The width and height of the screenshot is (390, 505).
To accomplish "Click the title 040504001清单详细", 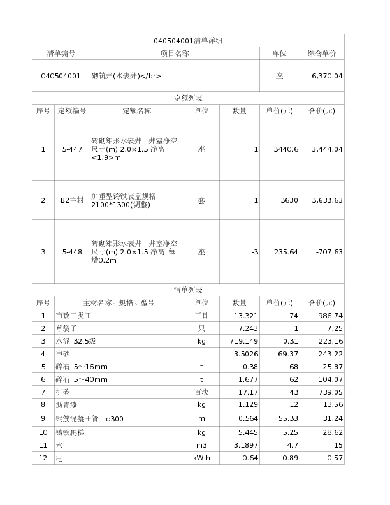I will click(x=188, y=41).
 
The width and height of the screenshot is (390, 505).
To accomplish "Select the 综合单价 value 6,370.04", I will click(x=327, y=76).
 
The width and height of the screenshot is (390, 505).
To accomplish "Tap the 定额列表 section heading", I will click(x=188, y=98).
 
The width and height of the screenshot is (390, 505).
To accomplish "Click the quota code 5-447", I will click(x=72, y=149).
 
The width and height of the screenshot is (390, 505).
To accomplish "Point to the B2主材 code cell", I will click(x=72, y=200).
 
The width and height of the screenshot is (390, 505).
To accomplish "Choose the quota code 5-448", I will click(x=72, y=252).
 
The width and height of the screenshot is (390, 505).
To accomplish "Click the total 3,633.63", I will click(x=327, y=200).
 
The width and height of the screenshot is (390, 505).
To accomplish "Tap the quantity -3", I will click(x=254, y=252).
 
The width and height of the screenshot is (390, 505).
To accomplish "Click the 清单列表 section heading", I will click(x=188, y=290).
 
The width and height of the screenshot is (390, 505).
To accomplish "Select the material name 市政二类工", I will click(x=74, y=316).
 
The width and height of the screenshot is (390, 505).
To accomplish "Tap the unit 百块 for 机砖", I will click(x=201, y=392).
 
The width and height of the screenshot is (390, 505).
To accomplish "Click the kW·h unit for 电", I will click(x=201, y=458).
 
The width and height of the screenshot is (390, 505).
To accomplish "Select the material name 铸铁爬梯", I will click(x=70, y=432).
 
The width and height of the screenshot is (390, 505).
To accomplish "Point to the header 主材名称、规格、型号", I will click(x=119, y=303).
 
